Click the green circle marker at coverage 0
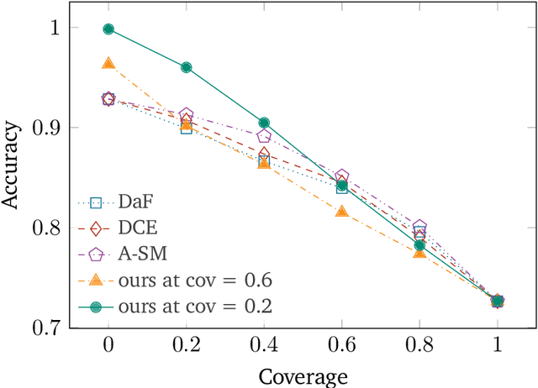point(108,29)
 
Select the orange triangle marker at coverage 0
point(108,64)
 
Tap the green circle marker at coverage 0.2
point(186,67)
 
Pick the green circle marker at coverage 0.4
point(264,123)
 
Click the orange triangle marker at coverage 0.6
point(342,211)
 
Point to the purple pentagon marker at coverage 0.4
point(264,136)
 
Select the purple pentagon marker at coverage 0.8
point(419,227)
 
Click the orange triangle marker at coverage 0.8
point(419,251)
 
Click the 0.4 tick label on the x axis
point(264,346)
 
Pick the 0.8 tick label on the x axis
point(419,346)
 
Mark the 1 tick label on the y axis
point(55,29)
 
